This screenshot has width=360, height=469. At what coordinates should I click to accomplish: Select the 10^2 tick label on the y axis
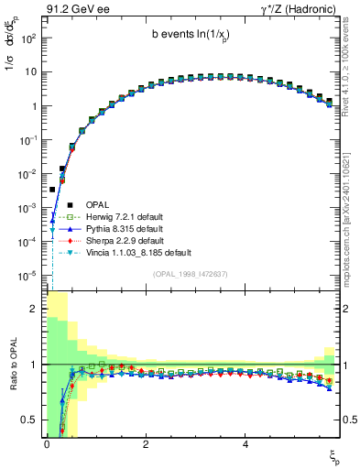coord(28,38)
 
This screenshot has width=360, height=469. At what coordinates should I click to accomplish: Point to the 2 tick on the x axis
coord(146,443)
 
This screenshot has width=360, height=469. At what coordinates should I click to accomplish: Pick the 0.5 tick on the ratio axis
coord(31,420)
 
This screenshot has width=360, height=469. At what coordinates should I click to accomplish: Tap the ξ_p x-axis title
coord(334,455)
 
